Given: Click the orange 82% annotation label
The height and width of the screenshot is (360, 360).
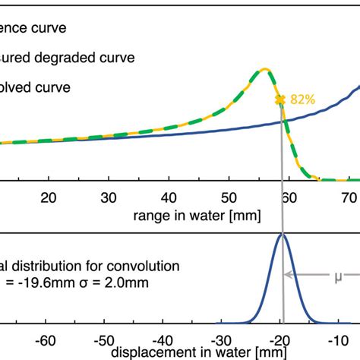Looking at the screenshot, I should (x=302, y=99).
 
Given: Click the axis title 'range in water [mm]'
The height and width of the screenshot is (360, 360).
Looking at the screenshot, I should (x=197, y=215).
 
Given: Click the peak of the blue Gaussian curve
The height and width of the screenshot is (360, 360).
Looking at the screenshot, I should (x=283, y=235).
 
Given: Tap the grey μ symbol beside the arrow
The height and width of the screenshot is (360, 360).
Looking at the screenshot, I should (x=338, y=277).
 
